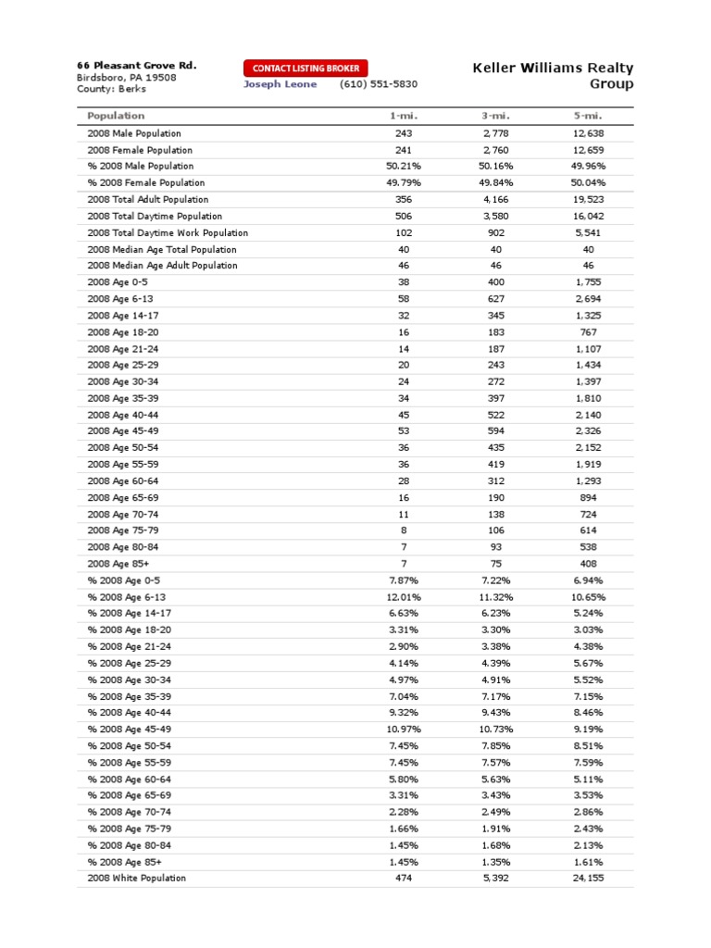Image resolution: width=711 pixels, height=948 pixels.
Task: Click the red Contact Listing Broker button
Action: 306,68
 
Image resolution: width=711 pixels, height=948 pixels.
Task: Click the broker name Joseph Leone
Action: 280,84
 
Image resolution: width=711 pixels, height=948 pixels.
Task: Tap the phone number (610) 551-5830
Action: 379,84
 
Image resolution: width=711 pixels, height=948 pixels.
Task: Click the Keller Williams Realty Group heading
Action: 553,76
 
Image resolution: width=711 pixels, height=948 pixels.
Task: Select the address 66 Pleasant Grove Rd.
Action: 136,66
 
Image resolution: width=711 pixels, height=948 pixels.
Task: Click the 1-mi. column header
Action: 403,116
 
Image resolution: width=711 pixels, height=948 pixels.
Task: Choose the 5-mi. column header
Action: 588,116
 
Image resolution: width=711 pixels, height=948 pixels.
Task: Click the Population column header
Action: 116,116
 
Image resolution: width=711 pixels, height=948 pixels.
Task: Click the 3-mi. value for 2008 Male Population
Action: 495,133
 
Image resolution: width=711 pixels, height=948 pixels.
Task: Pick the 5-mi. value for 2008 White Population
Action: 588,878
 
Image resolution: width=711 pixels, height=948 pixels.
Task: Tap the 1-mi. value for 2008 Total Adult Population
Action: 403,199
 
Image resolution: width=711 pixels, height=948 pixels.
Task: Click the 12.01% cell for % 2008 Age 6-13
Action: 403,597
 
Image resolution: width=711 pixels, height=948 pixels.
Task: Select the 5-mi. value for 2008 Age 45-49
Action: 588,431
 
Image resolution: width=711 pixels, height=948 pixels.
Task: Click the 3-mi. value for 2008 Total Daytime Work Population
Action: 495,232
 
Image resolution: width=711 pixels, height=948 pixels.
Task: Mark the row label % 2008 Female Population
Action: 146,182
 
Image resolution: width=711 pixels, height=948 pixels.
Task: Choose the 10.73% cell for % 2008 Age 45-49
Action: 495,730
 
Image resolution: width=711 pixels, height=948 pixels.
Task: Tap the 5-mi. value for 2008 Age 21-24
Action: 588,348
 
